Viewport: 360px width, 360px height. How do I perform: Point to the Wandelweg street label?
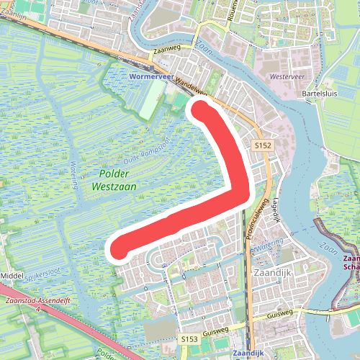[x=191, y=87]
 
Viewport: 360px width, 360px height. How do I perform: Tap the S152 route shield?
[x=262, y=145]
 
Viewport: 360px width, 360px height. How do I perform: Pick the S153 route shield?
[x=189, y=338]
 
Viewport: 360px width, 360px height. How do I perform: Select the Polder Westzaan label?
[x=114, y=180]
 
